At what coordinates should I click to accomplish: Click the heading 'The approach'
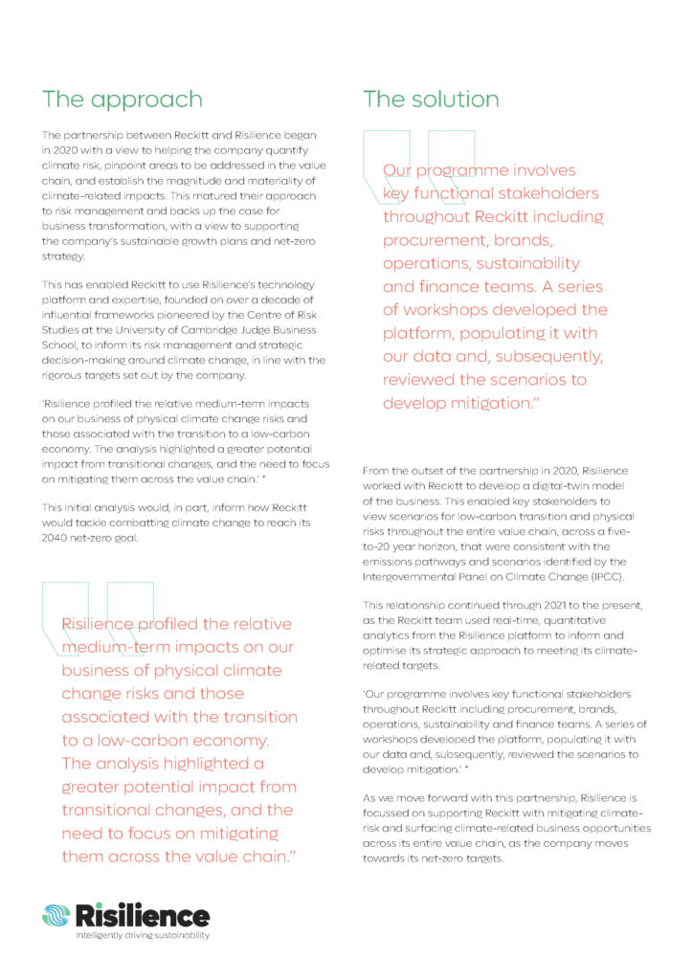coord(122,100)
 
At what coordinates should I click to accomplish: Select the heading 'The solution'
coord(431,100)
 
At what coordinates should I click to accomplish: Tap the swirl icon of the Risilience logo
coord(56,915)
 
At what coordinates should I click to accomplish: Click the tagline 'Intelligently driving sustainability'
coord(143,935)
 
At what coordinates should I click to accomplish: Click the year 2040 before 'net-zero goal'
coord(56,537)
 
